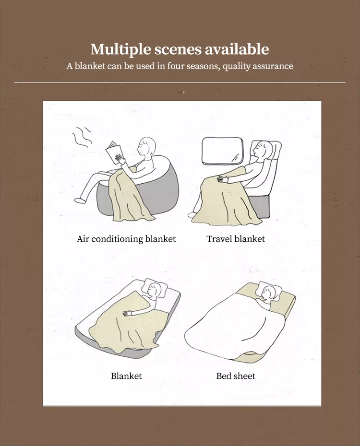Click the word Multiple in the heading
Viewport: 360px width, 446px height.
click(x=121, y=49)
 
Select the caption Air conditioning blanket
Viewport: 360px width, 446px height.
click(x=126, y=239)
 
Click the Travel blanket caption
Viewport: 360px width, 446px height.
click(x=236, y=239)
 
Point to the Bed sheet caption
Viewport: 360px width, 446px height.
click(x=236, y=376)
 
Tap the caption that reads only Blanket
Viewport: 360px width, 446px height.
click(x=126, y=376)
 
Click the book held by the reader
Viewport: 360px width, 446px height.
click(x=114, y=153)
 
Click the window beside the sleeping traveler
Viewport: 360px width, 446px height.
click(x=222, y=151)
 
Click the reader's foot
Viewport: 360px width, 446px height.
click(x=80, y=200)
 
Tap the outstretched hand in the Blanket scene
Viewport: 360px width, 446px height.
click(x=128, y=314)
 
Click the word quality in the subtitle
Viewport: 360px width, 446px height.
click(x=236, y=66)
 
